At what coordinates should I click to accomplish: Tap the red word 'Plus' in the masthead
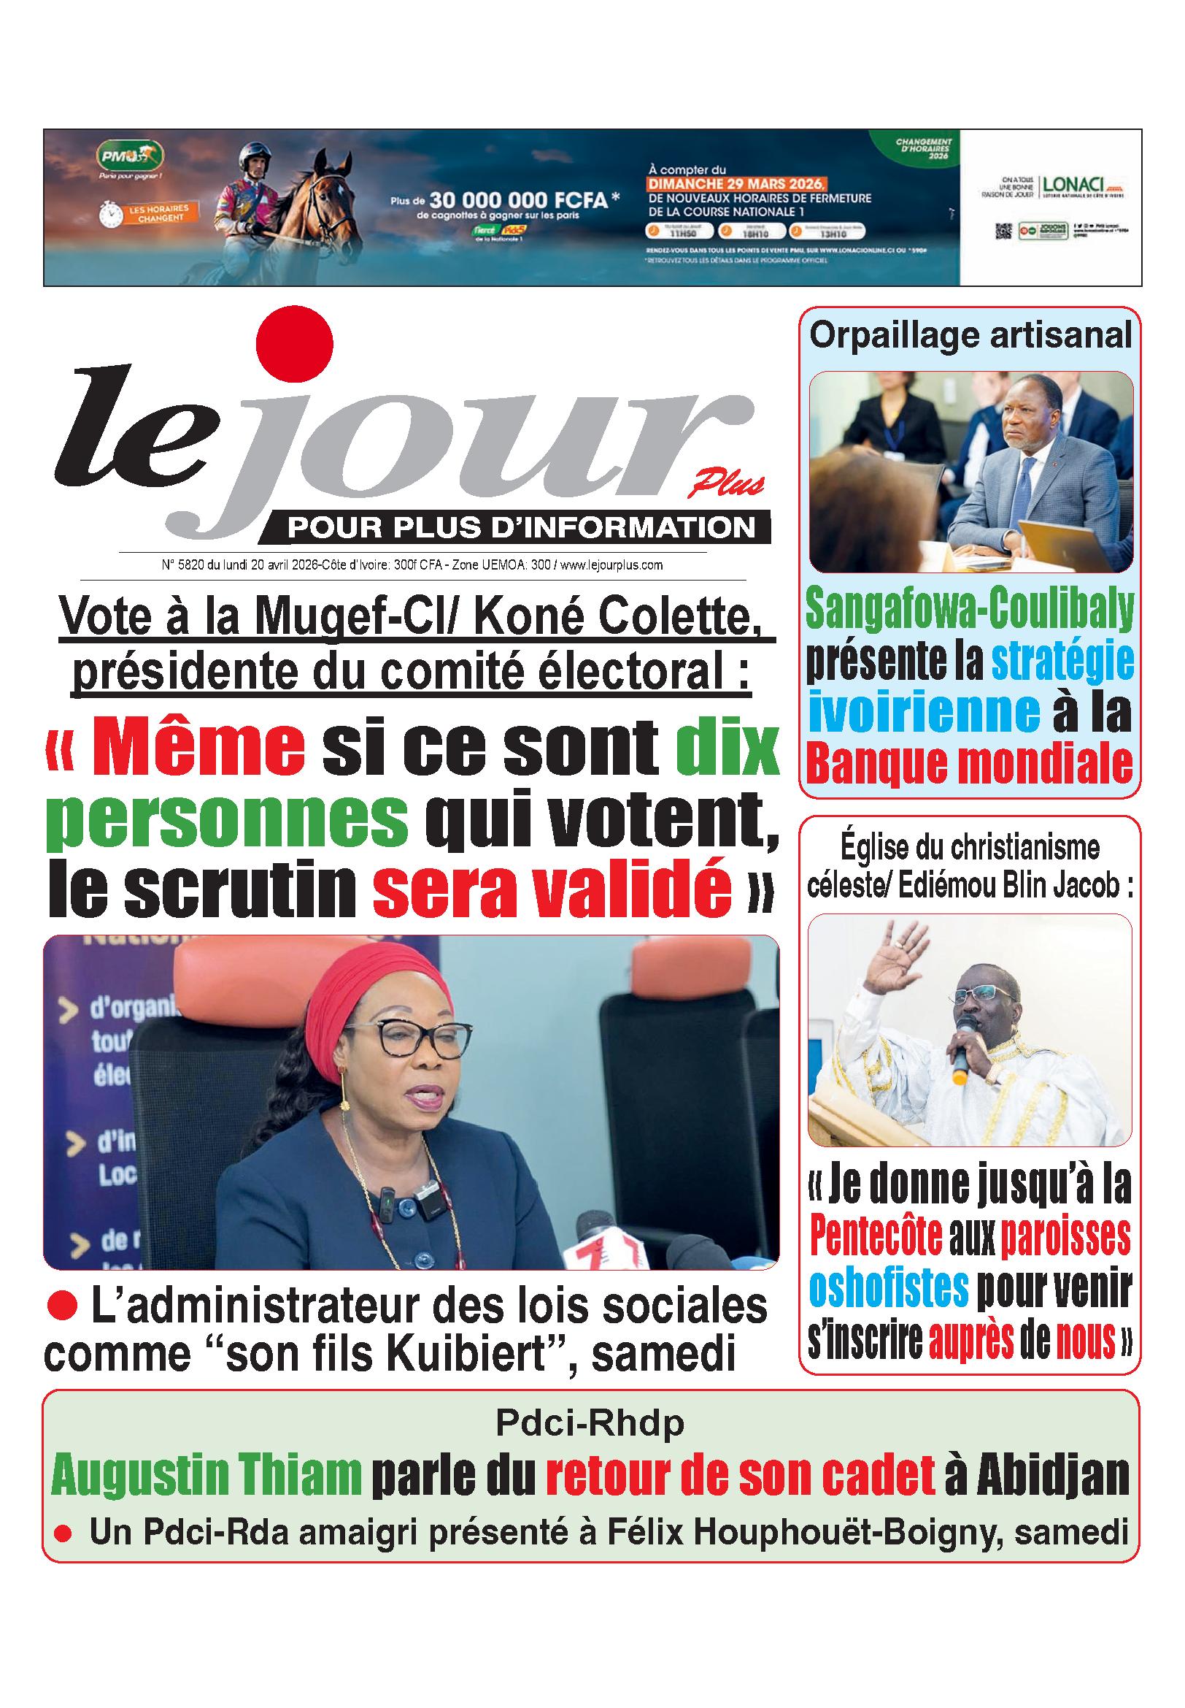pyautogui.click(x=725, y=486)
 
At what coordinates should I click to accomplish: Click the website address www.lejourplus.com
pyautogui.click(x=611, y=565)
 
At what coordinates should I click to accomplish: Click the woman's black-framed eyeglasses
pyautogui.click(x=409, y=1039)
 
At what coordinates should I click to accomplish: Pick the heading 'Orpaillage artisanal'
pyautogui.click(x=970, y=337)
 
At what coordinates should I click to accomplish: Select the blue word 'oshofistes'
pyautogui.click(x=889, y=1287)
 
